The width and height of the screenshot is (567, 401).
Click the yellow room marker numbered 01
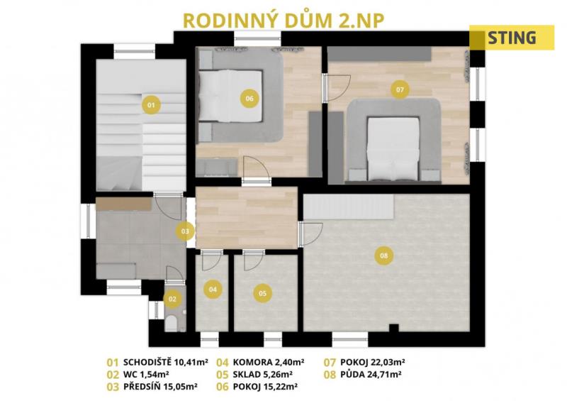tap(151, 105)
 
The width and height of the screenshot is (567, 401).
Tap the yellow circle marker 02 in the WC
tap(172, 300)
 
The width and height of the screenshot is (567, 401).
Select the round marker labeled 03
tap(185, 231)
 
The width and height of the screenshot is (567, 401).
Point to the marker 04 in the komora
tap(213, 289)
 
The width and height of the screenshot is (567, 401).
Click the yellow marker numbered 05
tap(262, 293)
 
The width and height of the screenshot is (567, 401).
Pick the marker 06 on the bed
tap(249, 98)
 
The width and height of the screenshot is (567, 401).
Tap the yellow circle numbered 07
tap(400, 89)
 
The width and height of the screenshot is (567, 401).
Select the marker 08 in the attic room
tap(384, 256)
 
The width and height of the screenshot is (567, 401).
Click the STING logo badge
tap(512, 38)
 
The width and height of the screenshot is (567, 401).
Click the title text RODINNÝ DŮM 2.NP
tap(283, 21)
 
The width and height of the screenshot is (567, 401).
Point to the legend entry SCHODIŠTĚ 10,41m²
tap(166, 362)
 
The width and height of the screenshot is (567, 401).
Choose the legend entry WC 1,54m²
tap(147, 374)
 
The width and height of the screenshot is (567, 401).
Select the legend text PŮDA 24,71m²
tap(371, 374)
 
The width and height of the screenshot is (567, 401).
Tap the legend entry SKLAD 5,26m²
tap(263, 374)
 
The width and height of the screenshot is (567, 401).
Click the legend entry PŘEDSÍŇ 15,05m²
tap(160, 387)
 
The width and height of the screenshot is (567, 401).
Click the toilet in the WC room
tap(172, 323)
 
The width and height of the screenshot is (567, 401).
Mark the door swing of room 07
tap(339, 88)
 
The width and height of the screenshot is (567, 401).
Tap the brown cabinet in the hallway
tap(123, 204)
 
